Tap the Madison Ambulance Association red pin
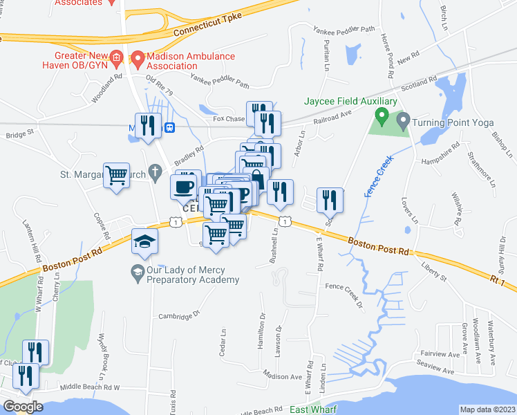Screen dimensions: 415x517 point(138,60)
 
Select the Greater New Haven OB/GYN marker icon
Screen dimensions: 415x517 point(117,56)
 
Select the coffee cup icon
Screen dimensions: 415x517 point(184,187)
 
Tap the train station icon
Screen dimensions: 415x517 point(169,127)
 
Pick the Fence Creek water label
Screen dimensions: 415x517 point(377,176)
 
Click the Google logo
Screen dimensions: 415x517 point(23,407)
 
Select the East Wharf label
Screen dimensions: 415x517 point(312,410)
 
